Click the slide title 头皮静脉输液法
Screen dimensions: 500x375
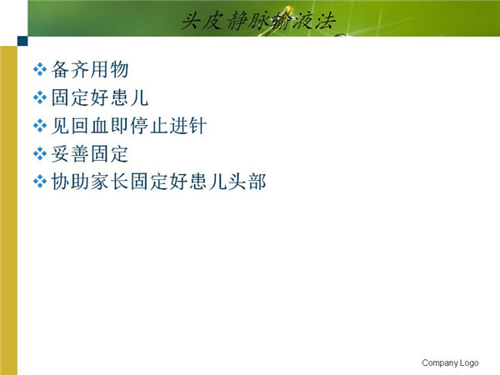[258, 21]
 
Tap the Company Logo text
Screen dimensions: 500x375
[450, 362]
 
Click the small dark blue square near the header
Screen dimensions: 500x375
[22, 41]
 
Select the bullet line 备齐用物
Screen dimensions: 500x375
[90, 69]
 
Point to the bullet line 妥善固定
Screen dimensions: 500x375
[90, 153]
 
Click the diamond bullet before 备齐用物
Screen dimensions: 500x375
[40, 69]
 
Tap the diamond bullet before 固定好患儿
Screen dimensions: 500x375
[40, 97]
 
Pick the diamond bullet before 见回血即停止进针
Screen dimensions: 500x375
[40, 126]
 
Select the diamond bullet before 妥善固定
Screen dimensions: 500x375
[40, 153]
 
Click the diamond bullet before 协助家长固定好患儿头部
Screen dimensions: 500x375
[40, 182]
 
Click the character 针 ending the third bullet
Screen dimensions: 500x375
[197, 126]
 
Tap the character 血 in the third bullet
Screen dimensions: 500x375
[99, 126]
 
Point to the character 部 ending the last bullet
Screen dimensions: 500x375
[257, 182]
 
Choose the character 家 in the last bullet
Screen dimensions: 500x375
[99, 182]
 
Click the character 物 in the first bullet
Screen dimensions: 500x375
[119, 69]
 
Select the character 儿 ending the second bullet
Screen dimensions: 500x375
[139, 97]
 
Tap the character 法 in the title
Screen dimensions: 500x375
[326, 21]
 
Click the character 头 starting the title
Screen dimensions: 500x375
[192, 21]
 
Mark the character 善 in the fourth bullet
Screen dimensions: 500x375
[80, 153]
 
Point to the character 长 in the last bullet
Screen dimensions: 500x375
[119, 182]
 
